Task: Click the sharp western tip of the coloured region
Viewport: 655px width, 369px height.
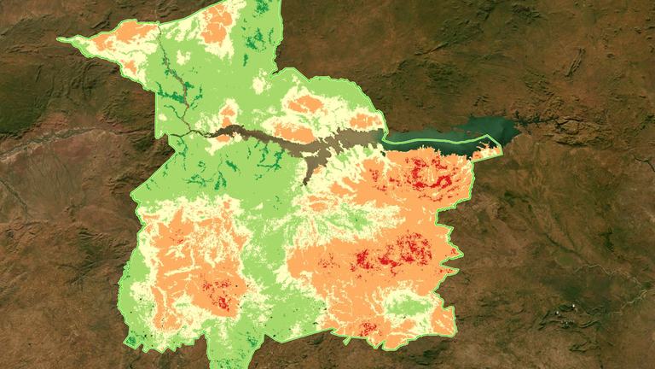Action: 59,38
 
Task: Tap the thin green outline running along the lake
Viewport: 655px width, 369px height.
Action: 435,138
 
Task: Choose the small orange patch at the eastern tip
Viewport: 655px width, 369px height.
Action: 487,152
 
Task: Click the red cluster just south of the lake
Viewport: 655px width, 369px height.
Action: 426,171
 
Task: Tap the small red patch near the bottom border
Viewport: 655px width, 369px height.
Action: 367,329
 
